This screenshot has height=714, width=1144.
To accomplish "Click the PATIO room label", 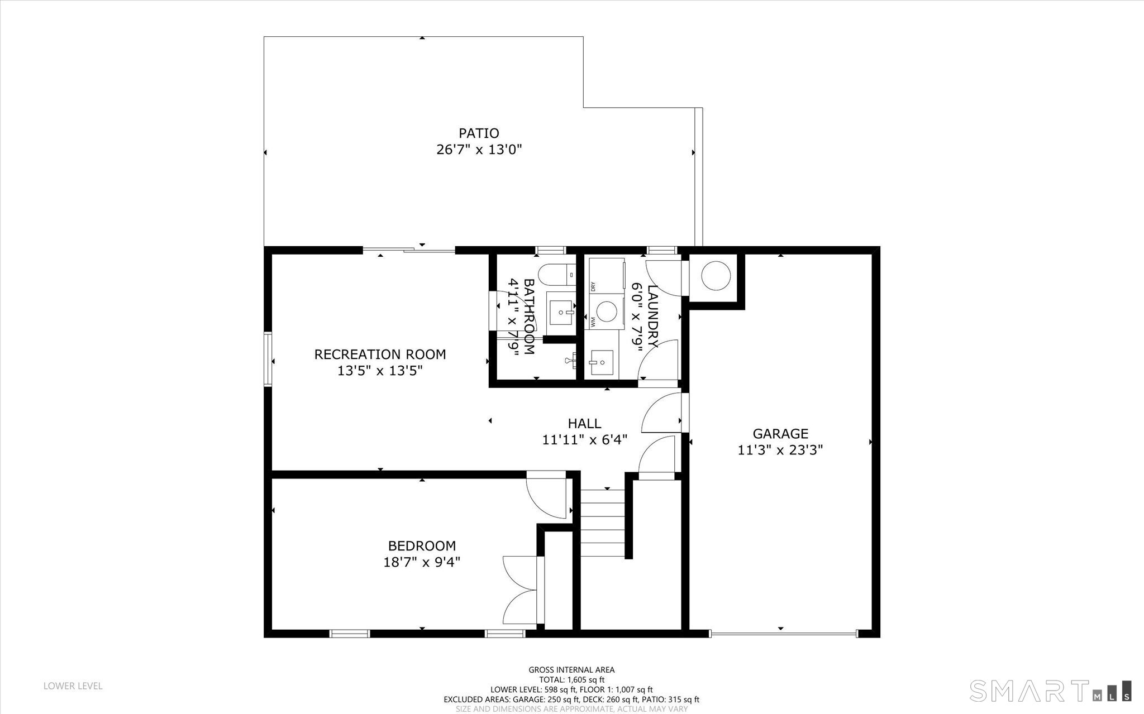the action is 479,133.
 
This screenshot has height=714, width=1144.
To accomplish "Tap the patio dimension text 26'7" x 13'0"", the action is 479,150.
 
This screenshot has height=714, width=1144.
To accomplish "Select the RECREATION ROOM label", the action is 380,354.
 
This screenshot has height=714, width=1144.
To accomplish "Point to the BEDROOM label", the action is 422,546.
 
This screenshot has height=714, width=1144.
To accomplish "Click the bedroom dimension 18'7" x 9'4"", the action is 422,562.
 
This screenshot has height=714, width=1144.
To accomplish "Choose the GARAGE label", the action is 780,434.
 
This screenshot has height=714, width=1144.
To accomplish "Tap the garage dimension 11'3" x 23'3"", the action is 780,450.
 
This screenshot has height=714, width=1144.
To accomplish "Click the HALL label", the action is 584,424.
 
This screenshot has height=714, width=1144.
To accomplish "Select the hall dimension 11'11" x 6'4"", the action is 584,440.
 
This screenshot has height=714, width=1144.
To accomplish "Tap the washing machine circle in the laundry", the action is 606,309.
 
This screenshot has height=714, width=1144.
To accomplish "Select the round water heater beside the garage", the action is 716,276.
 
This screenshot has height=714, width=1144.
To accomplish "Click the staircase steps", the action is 602,523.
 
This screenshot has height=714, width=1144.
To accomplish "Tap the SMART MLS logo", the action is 1051,690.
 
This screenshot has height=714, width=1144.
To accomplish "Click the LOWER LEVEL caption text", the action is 73,686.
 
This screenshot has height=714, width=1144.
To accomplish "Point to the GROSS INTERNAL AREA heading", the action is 571,670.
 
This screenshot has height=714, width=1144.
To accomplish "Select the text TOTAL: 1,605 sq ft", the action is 571,680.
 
